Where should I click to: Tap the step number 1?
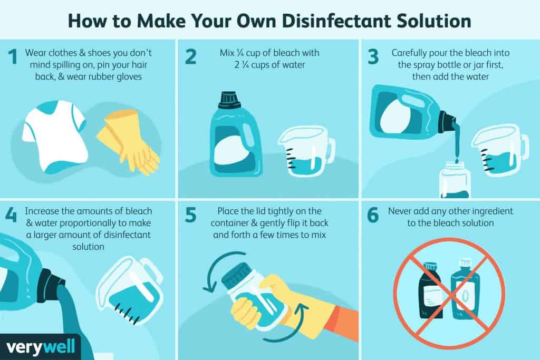coord(13,57)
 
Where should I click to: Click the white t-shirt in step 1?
coord(55,136)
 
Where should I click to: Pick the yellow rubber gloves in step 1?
coord(128,141)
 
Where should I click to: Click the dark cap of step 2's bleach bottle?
coord(228,98)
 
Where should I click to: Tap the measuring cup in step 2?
coord(306,151)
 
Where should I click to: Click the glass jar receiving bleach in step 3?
coord(455,180)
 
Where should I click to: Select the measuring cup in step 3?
coord(500,150)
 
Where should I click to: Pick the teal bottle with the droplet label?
coord(465,289)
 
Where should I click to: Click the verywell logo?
coord(40,347)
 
